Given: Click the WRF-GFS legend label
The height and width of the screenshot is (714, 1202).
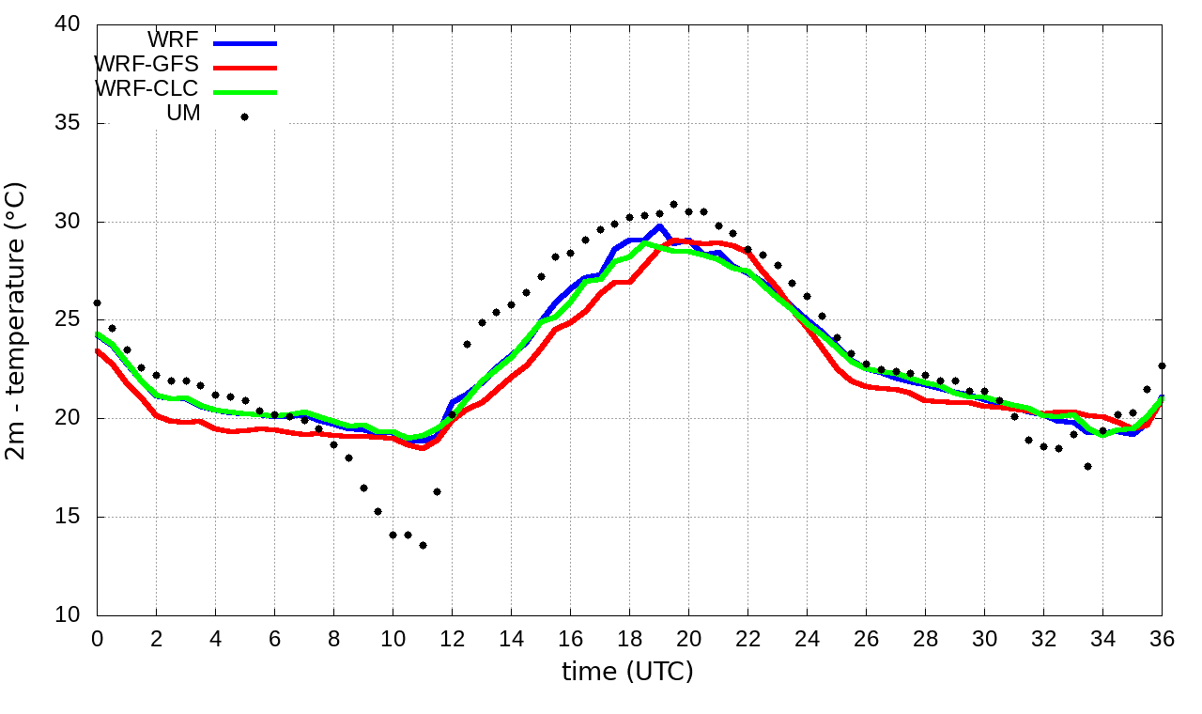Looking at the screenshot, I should click(x=146, y=65).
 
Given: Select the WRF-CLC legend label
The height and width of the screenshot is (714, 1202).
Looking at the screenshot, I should click(x=146, y=89).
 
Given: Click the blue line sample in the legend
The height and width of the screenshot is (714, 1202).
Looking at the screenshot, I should click(x=245, y=42).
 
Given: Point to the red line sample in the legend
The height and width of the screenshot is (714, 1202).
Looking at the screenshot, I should click(x=245, y=67).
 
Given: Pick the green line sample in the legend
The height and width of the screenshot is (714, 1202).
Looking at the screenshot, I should click(x=245, y=91).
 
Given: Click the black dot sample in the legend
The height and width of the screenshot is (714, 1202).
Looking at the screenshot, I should click(x=245, y=116).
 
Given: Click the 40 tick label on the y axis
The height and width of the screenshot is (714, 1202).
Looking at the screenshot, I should click(x=68, y=24).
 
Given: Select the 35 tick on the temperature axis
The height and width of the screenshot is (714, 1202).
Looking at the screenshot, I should click(x=68, y=123).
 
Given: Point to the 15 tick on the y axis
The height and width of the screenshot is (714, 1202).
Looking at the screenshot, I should click(x=68, y=518).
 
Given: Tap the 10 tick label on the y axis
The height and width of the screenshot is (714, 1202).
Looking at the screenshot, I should click(x=68, y=616).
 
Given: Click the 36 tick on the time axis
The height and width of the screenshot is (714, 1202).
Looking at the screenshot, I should click(x=1163, y=638).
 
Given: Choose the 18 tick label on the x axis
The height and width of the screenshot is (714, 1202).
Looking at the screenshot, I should click(x=629, y=638).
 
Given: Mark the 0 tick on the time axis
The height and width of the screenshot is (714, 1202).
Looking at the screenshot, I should click(x=97, y=638).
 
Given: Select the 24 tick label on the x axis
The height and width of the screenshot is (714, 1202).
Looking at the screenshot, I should click(x=807, y=638).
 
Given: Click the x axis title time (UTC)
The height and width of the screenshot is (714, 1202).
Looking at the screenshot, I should click(x=627, y=672).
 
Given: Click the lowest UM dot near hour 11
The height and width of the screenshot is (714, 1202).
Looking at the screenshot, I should click(x=423, y=545).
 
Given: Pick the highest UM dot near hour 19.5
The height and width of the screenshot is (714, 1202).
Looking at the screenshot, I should click(x=673, y=204).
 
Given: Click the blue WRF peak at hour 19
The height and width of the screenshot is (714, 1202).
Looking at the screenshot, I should click(x=660, y=226).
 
